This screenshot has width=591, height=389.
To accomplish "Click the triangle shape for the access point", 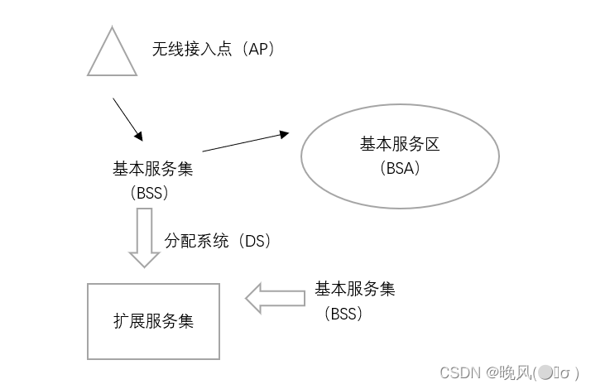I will click(112, 55).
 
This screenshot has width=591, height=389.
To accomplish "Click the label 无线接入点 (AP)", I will click(213, 50).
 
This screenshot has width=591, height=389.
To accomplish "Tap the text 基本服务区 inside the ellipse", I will click(399, 144).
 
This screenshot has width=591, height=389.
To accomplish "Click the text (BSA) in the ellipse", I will click(399, 168).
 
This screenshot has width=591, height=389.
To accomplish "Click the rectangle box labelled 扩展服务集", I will click(154, 321).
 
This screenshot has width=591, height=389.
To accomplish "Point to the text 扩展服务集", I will click(154, 321).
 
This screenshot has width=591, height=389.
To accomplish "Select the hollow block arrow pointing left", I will click(276, 299).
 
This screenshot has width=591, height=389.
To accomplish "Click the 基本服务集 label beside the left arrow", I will click(354, 290).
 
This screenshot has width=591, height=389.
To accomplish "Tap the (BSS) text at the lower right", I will click(344, 315).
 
